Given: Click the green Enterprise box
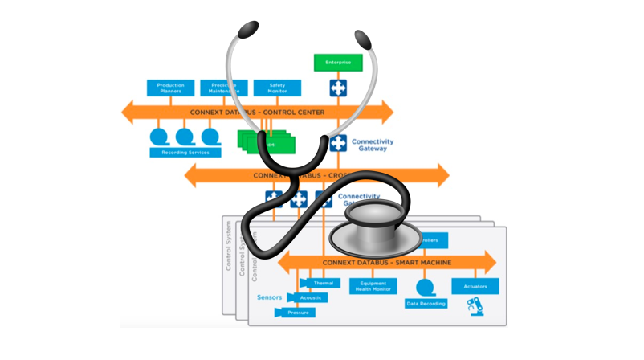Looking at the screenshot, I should pyautogui.click(x=338, y=62).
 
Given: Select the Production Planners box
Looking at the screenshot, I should pyautogui.click(x=165, y=87).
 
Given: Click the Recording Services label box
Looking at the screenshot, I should pyautogui.click(x=185, y=152).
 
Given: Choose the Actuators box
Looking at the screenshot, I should pyautogui.click(x=475, y=285).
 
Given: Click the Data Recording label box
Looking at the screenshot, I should pyautogui.click(x=425, y=304).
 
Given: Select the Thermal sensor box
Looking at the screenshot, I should pyautogui.click(x=322, y=283).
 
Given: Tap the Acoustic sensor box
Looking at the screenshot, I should pyautogui.click(x=312, y=297).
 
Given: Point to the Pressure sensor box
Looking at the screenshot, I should pyautogui.click(x=298, y=312).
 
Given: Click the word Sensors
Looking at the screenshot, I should pyautogui.click(x=270, y=297).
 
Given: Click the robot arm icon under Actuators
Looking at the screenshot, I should pyautogui.click(x=475, y=306).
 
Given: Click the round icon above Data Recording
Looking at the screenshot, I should pyautogui.click(x=425, y=285).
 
